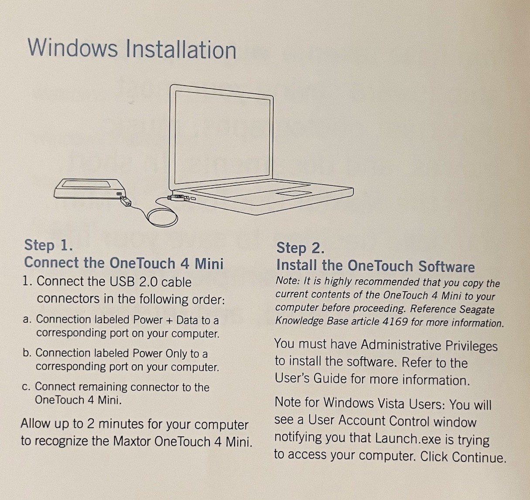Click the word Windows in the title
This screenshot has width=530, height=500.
coord(72,48)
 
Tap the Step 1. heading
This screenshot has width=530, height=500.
coord(48,245)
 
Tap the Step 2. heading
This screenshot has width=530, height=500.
coord(301,248)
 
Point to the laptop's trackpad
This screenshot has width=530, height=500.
coord(294,194)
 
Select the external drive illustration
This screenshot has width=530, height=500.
coord(89,189)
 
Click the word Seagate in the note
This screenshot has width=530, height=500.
coord(477,309)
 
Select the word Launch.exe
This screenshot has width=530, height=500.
coord(407,439)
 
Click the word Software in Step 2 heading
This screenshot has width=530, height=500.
coord(447,266)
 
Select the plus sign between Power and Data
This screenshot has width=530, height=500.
coord(168,320)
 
